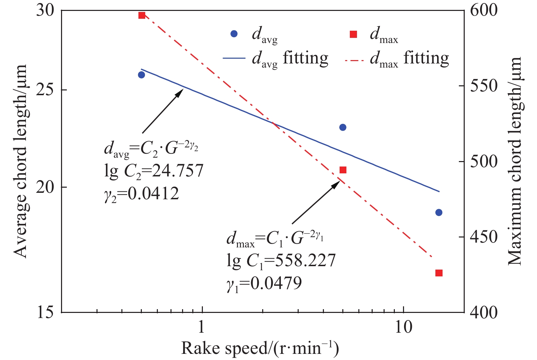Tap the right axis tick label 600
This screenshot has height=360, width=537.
point(484,10)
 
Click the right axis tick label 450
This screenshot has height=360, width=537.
point(484,237)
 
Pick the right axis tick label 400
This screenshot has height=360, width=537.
point(484,312)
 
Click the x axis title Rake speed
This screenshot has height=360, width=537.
point(260,348)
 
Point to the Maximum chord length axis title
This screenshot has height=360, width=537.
point(515,161)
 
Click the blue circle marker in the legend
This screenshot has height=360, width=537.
point(234,34)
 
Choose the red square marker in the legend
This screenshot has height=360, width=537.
point(353,34)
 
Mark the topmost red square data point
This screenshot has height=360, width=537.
point(142,15)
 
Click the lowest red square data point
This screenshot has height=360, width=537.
point(439,273)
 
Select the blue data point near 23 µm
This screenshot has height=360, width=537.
point(343,127)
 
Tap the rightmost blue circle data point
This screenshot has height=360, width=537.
point(439,213)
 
